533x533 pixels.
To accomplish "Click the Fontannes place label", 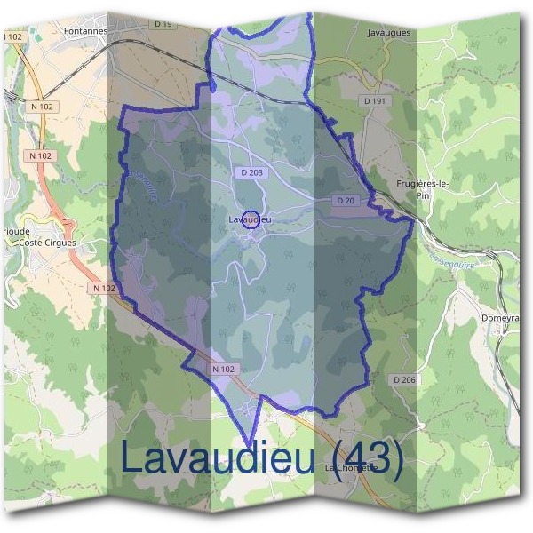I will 86,29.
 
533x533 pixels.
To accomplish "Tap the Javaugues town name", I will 387,31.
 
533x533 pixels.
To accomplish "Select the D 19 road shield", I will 163,24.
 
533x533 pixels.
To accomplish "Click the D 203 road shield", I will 251,172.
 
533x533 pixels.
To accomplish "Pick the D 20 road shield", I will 346,201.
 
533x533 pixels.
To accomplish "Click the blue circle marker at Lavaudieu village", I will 251,219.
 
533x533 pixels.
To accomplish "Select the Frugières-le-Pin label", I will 422,189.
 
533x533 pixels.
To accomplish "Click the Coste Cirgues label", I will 48,242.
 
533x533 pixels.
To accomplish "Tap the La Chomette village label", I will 351,467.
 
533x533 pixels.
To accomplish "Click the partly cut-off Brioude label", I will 14,230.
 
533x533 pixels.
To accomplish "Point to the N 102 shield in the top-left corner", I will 12,36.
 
